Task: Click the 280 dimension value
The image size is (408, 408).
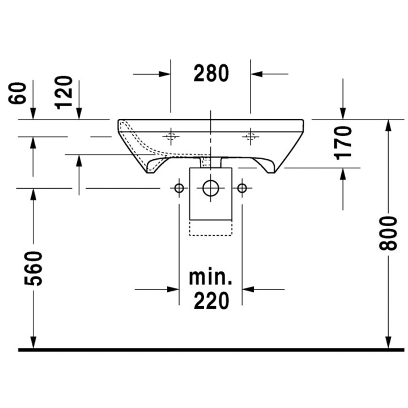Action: pos(211,73)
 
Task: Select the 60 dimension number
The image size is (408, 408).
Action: pos(18,93)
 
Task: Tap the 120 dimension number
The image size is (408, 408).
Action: pos(63,92)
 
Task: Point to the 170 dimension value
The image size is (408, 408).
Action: pos(343,143)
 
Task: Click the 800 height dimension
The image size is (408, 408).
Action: pos(388,233)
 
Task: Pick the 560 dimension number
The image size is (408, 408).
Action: pos(33,268)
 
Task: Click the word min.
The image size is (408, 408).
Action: pos(210,277)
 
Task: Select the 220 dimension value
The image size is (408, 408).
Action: pos(211,300)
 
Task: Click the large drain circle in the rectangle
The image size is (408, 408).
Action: pos(210,188)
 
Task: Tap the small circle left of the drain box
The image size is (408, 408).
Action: pos(179,188)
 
